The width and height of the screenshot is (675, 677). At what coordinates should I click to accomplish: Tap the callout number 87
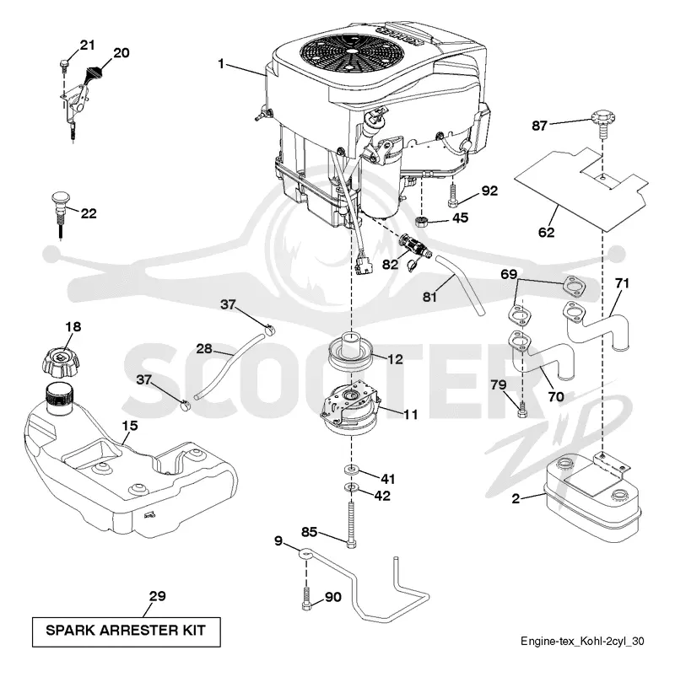(539, 126)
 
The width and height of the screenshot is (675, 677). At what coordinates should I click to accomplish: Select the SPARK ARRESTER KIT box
(127, 631)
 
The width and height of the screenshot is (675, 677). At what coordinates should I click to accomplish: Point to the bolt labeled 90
(306, 599)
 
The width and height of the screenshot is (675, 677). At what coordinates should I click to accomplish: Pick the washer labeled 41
(352, 469)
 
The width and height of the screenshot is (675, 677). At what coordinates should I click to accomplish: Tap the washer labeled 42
(352, 487)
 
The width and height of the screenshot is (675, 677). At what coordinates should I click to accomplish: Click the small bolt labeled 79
(522, 409)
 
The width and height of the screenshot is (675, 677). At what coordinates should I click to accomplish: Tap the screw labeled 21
(64, 64)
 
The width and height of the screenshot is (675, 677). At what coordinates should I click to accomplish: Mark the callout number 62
(546, 233)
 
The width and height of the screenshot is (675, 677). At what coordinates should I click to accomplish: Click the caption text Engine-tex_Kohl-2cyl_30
(582, 641)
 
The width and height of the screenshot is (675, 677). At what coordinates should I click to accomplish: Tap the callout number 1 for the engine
(221, 64)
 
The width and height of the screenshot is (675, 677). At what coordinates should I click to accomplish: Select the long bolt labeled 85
(351, 524)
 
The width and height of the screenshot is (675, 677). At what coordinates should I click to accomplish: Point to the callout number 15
(130, 426)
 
